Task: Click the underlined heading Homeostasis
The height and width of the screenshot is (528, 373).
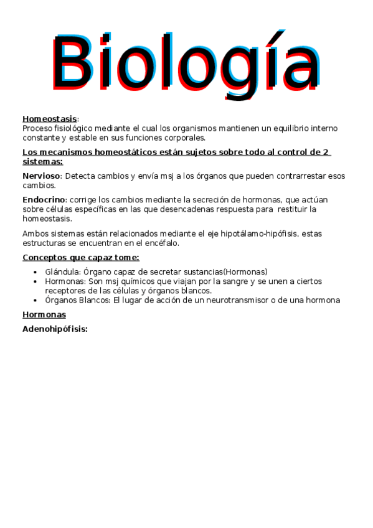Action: (x=50, y=118)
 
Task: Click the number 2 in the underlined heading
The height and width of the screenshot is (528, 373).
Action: (x=325, y=152)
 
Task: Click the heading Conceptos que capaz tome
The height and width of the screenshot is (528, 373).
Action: (x=81, y=257)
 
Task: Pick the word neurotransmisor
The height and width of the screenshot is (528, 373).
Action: (x=260, y=300)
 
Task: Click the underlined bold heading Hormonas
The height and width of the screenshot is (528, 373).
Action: (x=44, y=315)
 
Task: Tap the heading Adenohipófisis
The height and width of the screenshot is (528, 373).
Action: (x=55, y=329)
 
